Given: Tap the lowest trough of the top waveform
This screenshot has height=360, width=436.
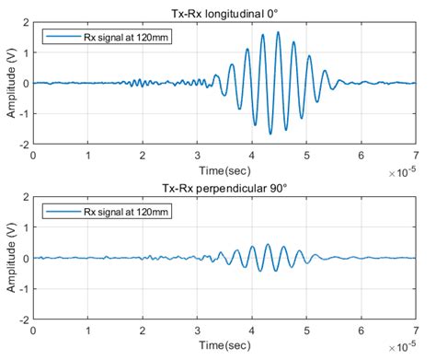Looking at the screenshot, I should click(x=270, y=134).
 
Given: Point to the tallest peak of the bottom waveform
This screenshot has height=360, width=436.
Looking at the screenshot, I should click(x=267, y=244).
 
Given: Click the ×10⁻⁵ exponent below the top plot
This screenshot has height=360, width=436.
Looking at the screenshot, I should click(x=402, y=172).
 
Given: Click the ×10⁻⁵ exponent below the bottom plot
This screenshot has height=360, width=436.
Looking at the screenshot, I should click(x=402, y=348).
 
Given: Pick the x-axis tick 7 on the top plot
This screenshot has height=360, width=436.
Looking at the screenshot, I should click(x=416, y=156).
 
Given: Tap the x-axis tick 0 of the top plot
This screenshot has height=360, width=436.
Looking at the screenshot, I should click(x=34, y=156).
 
